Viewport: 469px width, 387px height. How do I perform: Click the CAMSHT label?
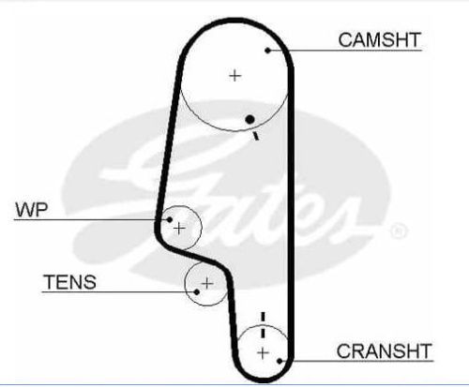[x=379, y=40]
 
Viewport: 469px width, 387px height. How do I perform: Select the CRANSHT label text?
[x=384, y=350]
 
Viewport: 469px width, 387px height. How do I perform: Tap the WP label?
[x=32, y=210]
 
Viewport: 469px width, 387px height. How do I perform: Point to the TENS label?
[x=69, y=282]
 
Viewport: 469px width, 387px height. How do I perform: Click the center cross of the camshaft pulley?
[x=235, y=76]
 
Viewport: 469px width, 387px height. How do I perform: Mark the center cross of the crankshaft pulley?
[x=263, y=353]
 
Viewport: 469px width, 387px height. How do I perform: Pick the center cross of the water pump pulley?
[x=179, y=229]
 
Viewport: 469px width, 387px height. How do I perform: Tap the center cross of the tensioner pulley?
[x=207, y=284]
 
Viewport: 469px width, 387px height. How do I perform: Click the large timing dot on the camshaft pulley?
[x=250, y=119]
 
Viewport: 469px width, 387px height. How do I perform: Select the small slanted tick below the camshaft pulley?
[x=256, y=136]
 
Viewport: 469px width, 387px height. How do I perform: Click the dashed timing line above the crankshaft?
[x=263, y=325]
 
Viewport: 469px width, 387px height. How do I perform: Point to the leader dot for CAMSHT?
[x=267, y=50]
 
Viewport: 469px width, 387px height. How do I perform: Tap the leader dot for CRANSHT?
[x=280, y=361]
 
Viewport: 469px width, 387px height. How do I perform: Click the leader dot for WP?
[x=170, y=219]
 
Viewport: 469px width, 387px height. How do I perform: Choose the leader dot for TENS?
[x=197, y=292]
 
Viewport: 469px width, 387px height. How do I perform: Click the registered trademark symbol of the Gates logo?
[x=399, y=231]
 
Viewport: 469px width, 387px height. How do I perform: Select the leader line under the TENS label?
[x=119, y=292]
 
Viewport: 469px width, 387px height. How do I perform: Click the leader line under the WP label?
[x=92, y=220]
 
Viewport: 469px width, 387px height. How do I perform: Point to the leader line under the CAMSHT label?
[x=345, y=50]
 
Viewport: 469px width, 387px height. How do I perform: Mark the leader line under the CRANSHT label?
[x=356, y=361]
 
